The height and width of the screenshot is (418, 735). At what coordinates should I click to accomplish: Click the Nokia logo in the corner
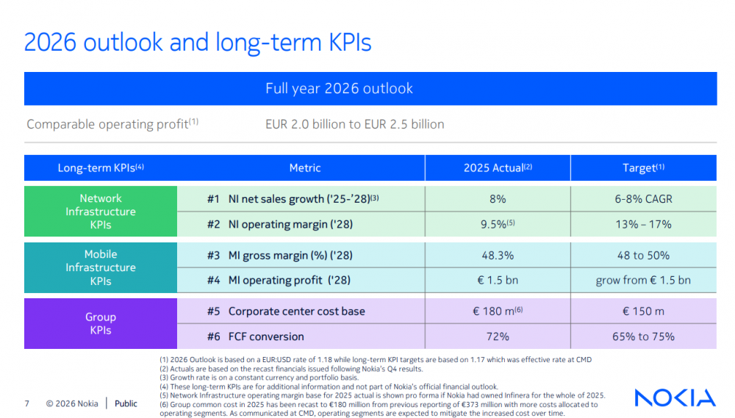[x=675, y=398]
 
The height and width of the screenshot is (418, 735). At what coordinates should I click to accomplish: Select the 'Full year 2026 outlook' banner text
[x=339, y=89]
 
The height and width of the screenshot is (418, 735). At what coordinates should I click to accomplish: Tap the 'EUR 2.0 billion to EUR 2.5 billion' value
[x=354, y=124]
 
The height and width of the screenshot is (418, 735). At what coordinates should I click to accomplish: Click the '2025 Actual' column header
[x=498, y=168]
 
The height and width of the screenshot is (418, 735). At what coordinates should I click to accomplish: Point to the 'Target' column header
[x=643, y=168]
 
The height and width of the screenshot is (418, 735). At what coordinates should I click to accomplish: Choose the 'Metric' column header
[x=305, y=168]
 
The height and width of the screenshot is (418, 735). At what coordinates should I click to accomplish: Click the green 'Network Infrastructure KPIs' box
[x=101, y=212]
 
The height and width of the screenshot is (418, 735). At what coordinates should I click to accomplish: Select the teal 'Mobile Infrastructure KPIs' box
[x=101, y=267]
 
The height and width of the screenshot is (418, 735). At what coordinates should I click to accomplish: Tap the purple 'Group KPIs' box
[x=101, y=324]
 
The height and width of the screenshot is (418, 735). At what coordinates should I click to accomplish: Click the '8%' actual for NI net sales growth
[x=498, y=199]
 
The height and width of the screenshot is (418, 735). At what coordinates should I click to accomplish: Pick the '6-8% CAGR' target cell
[x=644, y=199]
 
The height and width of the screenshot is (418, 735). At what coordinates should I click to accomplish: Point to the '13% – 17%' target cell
[x=644, y=224]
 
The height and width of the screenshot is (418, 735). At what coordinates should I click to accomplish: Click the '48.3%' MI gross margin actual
[x=498, y=256]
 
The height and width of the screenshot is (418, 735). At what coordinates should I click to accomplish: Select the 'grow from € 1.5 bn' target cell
[x=644, y=280]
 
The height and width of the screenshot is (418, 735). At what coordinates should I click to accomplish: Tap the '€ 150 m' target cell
[x=644, y=311]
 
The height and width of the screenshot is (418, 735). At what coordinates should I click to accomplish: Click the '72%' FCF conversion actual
[x=498, y=336]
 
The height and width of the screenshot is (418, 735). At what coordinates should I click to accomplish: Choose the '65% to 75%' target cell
[x=644, y=336]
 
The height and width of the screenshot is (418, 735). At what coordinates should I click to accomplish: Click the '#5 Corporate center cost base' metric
[x=286, y=311]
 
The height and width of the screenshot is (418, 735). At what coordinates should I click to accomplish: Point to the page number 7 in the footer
[x=27, y=403]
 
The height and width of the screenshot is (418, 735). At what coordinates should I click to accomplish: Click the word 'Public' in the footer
[x=126, y=403]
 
